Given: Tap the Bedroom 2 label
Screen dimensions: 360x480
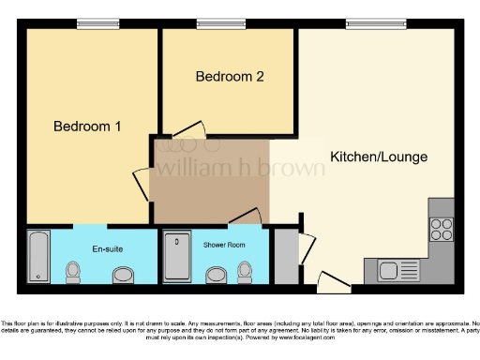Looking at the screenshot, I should click(x=229, y=77).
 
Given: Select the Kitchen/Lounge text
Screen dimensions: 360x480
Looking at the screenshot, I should click(x=379, y=157).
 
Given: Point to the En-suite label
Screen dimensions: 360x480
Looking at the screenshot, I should click(x=105, y=248).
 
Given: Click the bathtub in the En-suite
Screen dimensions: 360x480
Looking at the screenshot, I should click(x=38, y=256).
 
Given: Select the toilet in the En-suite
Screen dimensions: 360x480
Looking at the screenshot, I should click(x=73, y=272).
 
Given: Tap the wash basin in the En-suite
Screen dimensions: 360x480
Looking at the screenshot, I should click(x=123, y=276).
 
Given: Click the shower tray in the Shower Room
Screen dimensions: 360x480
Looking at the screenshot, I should click(x=176, y=256).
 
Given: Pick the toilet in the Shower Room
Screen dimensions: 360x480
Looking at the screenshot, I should click(x=246, y=272).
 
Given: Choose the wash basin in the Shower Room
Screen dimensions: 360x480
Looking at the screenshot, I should click(x=217, y=275).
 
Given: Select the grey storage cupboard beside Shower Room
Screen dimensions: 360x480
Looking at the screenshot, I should click(x=284, y=254).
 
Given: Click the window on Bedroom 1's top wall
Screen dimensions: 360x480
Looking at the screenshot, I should click(x=91, y=24).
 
